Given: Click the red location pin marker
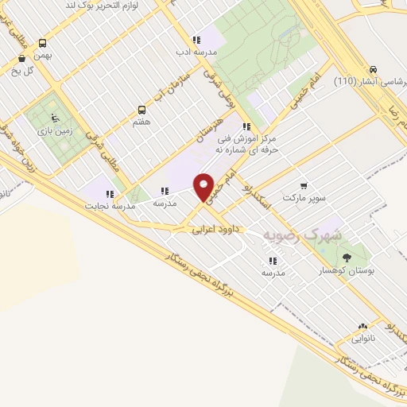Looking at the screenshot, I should coord(204,186).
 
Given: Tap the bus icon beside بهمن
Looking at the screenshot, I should coord(41,44).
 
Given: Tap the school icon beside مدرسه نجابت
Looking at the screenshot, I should coord(110,193).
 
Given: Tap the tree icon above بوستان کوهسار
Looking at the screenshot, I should coord(346,258).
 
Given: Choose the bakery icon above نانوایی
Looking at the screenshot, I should coord(362,326).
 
